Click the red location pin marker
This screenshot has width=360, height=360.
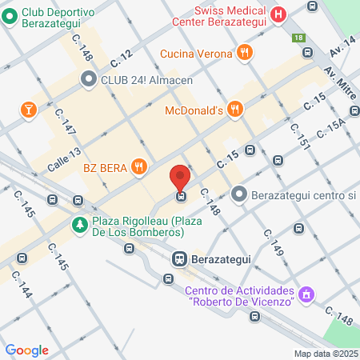click(x=181, y=176)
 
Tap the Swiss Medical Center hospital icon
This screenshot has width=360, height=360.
click(x=278, y=14)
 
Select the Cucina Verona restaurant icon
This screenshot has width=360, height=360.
click(x=245, y=54)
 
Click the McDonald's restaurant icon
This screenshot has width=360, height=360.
click(x=234, y=110)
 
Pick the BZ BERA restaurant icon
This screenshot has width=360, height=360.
click(x=140, y=166)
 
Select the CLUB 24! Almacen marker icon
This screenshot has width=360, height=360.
click(x=88, y=79)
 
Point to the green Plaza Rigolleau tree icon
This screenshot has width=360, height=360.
click(x=79, y=224)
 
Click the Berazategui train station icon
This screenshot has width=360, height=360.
click(x=178, y=258)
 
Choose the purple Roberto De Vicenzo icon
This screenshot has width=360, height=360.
click(x=304, y=296)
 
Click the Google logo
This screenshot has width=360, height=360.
click(x=26, y=350)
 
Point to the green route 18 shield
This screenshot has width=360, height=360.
click(x=298, y=38)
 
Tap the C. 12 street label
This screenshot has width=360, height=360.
click(x=122, y=58)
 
